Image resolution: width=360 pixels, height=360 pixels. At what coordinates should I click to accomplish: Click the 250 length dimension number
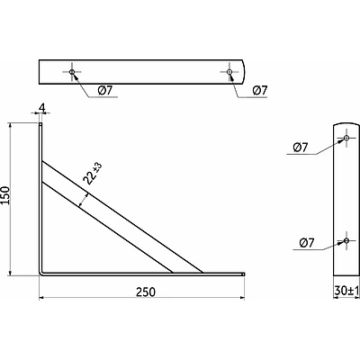[x=146, y=292]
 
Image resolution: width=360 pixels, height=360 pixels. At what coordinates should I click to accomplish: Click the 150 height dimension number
[x=5, y=195]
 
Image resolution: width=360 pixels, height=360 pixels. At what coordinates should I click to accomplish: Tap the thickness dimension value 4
[x=42, y=108]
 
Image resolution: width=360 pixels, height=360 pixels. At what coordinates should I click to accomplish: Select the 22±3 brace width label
[x=93, y=174]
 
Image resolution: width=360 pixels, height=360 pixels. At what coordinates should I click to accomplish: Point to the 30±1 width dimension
[x=346, y=291]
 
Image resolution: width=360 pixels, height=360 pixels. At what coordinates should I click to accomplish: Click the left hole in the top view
[x=72, y=72]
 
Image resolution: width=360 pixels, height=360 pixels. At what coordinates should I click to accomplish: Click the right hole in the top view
[x=229, y=72]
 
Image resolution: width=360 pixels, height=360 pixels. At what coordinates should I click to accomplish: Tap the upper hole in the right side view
[x=346, y=138]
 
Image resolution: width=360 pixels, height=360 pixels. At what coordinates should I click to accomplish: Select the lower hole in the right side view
[x=346, y=240]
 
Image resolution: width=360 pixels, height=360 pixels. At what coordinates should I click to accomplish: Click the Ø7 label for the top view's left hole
[x=104, y=90]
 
